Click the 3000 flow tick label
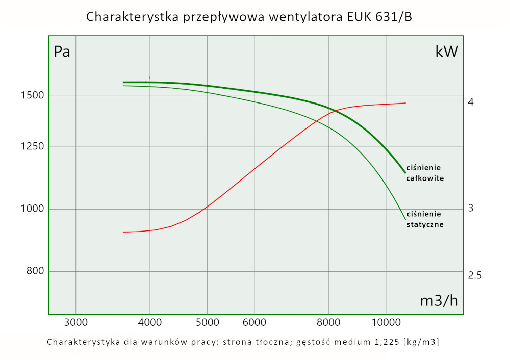click(75, 322)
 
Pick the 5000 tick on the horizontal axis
click(207, 322)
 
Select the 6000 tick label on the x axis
click(254, 322)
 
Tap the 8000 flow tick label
click(328, 322)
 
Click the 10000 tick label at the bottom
click(386, 322)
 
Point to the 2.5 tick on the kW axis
click(475, 276)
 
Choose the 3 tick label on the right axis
click(471, 208)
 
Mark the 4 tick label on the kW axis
click(471, 102)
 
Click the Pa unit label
click(62, 52)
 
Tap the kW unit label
click(447, 52)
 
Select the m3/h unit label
click(439, 301)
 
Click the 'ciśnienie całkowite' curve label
click(425, 173)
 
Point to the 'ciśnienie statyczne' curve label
click(425, 219)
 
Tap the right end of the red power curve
click(405, 103)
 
